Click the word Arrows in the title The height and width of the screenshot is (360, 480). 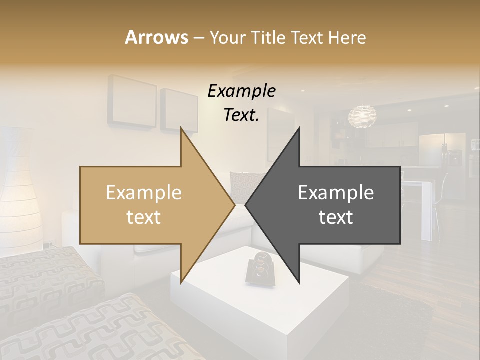coord(157,37)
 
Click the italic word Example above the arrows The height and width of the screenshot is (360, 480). coord(242,91)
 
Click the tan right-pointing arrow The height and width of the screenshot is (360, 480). coord(150,205)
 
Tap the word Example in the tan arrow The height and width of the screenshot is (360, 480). coord(144,193)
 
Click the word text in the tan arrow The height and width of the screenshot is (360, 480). coord(144,217)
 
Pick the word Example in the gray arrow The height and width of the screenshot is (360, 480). coord(336,193)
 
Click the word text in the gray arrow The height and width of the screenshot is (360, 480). coord(336,217)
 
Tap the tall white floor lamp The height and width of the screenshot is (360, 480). coord(20,190)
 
